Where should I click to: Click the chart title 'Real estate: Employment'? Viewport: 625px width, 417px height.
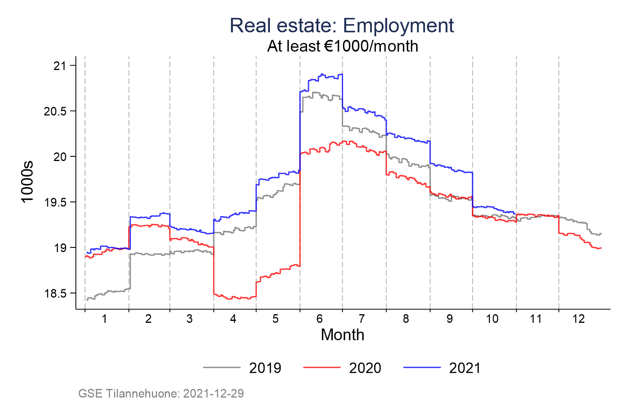click(x=341, y=26)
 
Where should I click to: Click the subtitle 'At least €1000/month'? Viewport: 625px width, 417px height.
click(x=343, y=47)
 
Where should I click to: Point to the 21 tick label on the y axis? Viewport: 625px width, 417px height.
click(x=60, y=66)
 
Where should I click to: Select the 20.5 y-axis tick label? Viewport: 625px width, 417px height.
click(x=55, y=111)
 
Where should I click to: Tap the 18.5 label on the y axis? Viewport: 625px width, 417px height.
click(x=55, y=294)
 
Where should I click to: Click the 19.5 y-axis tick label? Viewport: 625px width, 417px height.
click(x=55, y=202)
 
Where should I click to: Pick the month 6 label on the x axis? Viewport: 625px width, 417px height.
click(x=320, y=319)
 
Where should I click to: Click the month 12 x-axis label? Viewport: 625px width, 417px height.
click(x=579, y=319)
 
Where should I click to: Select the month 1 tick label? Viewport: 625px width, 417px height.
click(x=104, y=319)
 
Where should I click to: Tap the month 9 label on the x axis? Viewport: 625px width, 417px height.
click(x=450, y=319)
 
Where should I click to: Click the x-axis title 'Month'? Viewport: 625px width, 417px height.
click(x=343, y=335)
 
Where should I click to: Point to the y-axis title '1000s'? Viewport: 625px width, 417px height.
click(x=28, y=182)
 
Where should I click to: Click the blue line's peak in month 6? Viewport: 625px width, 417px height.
click(x=322, y=74)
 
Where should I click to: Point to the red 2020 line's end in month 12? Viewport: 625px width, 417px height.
click(x=600, y=248)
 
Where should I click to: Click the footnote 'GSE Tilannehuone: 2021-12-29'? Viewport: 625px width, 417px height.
click(x=161, y=394)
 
